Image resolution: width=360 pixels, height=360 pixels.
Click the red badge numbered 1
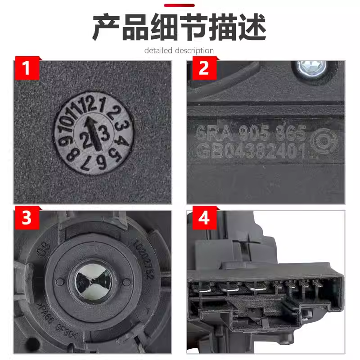tap(27, 68)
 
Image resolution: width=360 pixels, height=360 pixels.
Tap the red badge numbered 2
tap(203, 68)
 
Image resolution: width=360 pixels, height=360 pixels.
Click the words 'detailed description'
tap(179, 50)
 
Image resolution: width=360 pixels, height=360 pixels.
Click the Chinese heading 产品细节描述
tap(179, 28)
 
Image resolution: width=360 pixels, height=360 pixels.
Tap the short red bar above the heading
tap(179, 5)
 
